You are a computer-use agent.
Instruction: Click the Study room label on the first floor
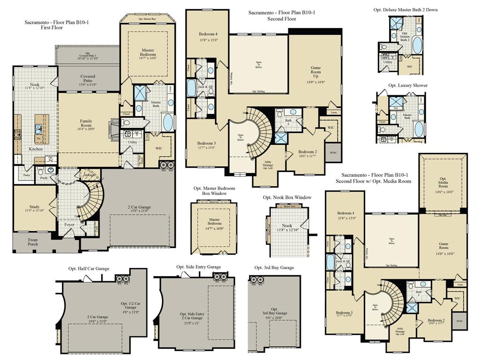coord(35,207)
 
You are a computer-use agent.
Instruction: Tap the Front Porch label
coord(33,242)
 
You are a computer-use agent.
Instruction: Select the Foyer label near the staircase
coord(69,225)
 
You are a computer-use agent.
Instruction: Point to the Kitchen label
coord(36,149)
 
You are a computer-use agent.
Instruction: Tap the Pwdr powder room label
coord(44,178)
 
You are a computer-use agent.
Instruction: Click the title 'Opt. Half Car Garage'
coord(89,269)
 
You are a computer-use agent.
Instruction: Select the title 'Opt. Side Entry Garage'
coord(198,267)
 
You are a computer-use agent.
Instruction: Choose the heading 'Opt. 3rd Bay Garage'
coord(274,268)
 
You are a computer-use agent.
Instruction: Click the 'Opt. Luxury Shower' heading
coord(408,85)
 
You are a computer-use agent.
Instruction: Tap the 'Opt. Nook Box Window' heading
coord(287,197)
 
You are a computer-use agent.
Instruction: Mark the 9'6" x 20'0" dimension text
coord(274,317)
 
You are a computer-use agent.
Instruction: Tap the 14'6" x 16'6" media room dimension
coord(443,192)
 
